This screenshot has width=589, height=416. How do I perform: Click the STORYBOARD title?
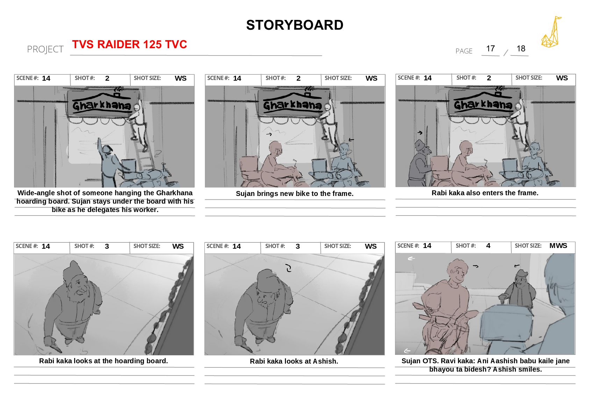pos(294,25)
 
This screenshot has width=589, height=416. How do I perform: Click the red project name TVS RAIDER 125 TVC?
pos(129,44)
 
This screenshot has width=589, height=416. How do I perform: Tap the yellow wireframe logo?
pos(551,32)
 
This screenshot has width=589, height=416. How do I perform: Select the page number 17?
pos(490,49)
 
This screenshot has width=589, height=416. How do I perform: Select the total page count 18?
pos(520,49)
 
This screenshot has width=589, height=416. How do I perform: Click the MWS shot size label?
pos(558,246)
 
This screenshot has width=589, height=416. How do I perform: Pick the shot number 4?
pos(488,246)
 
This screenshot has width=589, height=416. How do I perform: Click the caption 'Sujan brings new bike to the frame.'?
pos(294,194)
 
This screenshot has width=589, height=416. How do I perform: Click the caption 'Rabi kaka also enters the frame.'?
pos(485,193)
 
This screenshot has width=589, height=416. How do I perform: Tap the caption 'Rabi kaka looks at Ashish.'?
pos(294,362)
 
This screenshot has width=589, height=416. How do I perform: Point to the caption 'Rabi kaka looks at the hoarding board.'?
pos(103,361)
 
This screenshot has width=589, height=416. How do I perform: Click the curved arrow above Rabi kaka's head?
pos(288,268)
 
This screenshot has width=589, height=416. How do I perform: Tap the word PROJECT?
pos(45,49)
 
